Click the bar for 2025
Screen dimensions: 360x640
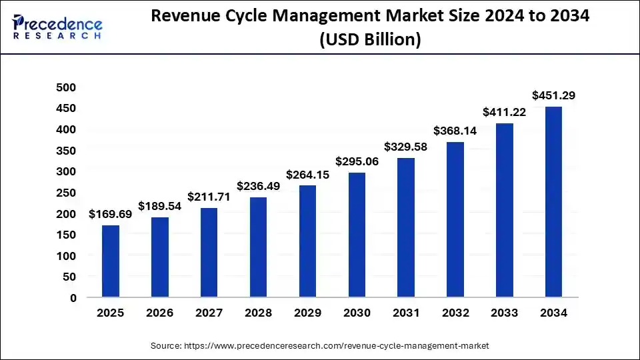111,261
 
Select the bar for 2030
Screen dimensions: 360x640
357,235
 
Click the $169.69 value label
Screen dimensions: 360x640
110,214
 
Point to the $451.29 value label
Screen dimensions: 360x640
553,95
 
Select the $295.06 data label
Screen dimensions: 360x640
357,161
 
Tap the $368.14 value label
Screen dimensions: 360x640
455,131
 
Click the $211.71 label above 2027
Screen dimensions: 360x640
209,197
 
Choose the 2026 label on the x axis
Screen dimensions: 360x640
160,313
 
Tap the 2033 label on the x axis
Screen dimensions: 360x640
505,313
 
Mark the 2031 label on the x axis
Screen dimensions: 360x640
406,313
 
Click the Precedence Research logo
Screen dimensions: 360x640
57,26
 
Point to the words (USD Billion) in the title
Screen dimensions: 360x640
371,39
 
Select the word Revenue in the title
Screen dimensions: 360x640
190,16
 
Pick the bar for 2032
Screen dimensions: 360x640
455,219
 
